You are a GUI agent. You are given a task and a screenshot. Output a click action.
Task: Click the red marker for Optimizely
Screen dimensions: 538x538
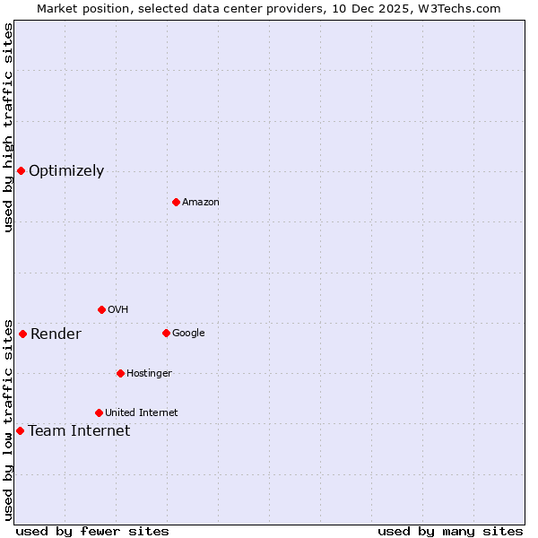(x=21, y=170)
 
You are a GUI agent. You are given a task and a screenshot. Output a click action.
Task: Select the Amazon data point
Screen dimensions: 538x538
(x=176, y=202)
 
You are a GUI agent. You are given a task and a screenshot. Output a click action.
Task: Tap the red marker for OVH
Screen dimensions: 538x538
(x=101, y=309)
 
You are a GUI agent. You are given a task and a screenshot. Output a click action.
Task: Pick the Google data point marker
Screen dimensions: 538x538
(x=166, y=333)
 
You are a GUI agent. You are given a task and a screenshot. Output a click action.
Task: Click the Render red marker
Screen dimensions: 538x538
(x=22, y=334)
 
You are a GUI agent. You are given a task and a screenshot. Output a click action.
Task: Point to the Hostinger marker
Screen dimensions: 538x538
(x=120, y=373)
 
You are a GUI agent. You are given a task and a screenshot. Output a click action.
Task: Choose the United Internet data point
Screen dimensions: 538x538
(x=99, y=412)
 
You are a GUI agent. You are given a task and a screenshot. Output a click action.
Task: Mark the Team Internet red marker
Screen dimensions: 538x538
(x=20, y=430)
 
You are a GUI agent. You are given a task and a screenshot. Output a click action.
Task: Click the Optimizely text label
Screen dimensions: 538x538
(x=66, y=171)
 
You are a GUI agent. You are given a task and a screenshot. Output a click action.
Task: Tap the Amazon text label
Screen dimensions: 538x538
(x=201, y=203)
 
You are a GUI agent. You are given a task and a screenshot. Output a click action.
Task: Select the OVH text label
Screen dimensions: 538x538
(x=118, y=310)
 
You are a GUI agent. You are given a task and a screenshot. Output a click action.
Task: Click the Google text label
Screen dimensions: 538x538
(x=188, y=334)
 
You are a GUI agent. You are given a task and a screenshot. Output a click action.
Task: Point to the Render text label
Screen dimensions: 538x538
(x=56, y=334)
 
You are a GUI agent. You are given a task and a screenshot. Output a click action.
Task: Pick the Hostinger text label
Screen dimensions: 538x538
(x=149, y=374)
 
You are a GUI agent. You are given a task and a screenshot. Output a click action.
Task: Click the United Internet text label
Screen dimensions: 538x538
(x=142, y=413)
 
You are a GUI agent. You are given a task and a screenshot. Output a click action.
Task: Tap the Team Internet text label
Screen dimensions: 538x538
(x=79, y=431)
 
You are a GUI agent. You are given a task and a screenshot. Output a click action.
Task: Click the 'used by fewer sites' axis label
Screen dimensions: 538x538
(x=92, y=531)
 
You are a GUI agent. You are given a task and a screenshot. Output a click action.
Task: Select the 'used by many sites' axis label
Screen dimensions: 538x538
(x=450, y=531)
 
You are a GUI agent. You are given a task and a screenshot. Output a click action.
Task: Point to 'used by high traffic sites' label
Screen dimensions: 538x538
(x=8, y=127)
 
